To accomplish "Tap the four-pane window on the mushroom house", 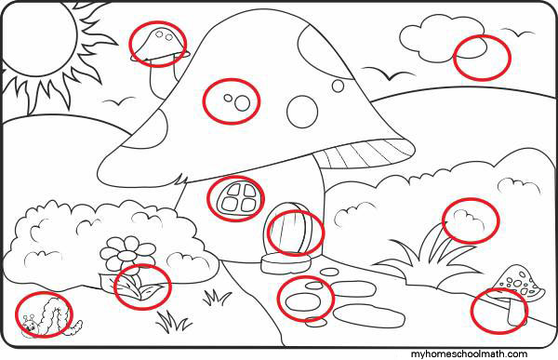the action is [x=236, y=198].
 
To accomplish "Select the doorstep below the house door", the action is [x=286, y=263].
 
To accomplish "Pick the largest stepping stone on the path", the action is [x=369, y=316].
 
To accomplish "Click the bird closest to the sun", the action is [x=118, y=101].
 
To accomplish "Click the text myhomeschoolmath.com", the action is [x=469, y=354].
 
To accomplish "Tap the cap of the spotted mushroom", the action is [x=518, y=284].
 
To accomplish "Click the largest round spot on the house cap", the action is [x=302, y=112].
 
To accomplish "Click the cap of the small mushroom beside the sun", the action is [x=158, y=43].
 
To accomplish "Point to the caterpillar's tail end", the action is [x=78, y=325].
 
